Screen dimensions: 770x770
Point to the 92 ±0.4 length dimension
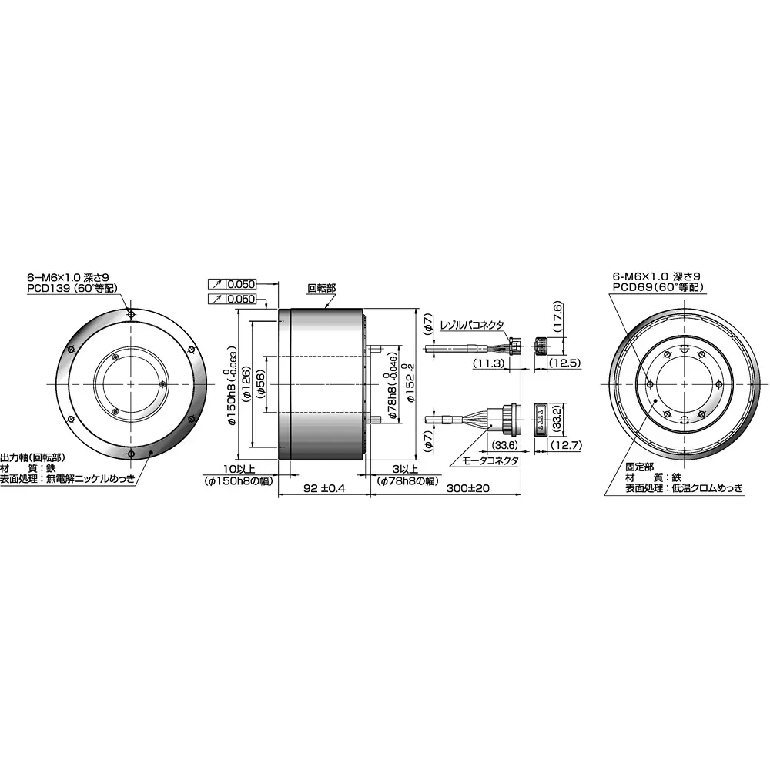point(324,488)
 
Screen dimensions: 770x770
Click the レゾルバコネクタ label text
point(471,326)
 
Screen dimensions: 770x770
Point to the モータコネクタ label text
point(490,460)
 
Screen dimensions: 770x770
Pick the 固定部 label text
point(639,467)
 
